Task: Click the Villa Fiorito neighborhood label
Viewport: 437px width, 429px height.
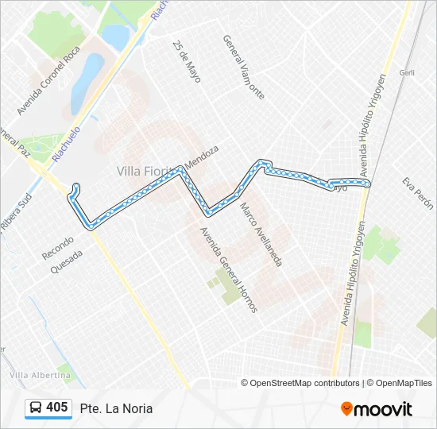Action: pos(149,171)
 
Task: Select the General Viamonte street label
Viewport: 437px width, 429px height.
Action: pos(243,67)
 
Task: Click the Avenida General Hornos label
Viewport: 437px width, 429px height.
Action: pos(228,270)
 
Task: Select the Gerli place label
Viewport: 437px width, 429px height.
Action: pos(408,72)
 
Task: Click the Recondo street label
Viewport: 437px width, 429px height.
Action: pos(58,246)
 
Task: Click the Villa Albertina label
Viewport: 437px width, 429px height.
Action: pos(40,375)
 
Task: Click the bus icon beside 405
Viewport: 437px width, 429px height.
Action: pos(36,408)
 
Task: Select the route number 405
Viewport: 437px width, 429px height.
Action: pos(57,408)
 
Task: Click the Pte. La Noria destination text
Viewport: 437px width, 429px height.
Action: pos(116,408)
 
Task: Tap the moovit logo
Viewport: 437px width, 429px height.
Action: pos(377,409)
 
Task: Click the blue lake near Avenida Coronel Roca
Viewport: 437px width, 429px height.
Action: pos(87,84)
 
